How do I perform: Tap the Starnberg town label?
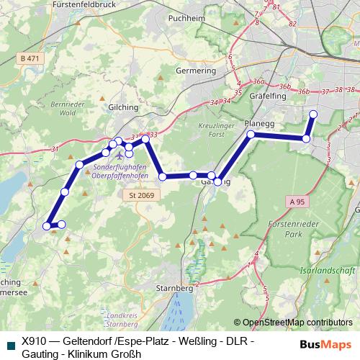coord(175,287)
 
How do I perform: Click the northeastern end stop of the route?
coord(313,114)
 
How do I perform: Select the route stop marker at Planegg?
coord(251,134)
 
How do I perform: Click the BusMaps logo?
coord(325,344)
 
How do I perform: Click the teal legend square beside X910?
coord(9,344)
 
